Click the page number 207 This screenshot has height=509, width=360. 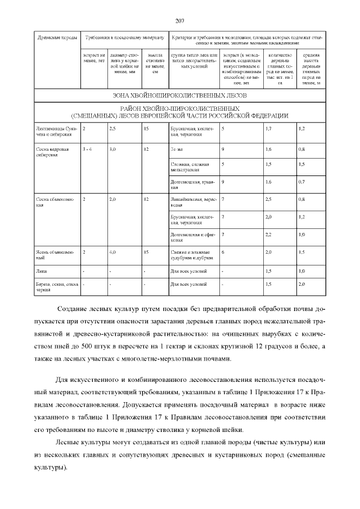coord(180,21)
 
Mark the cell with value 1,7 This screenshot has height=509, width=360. coord(268,129)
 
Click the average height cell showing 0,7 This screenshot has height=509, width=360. coord(302,182)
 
